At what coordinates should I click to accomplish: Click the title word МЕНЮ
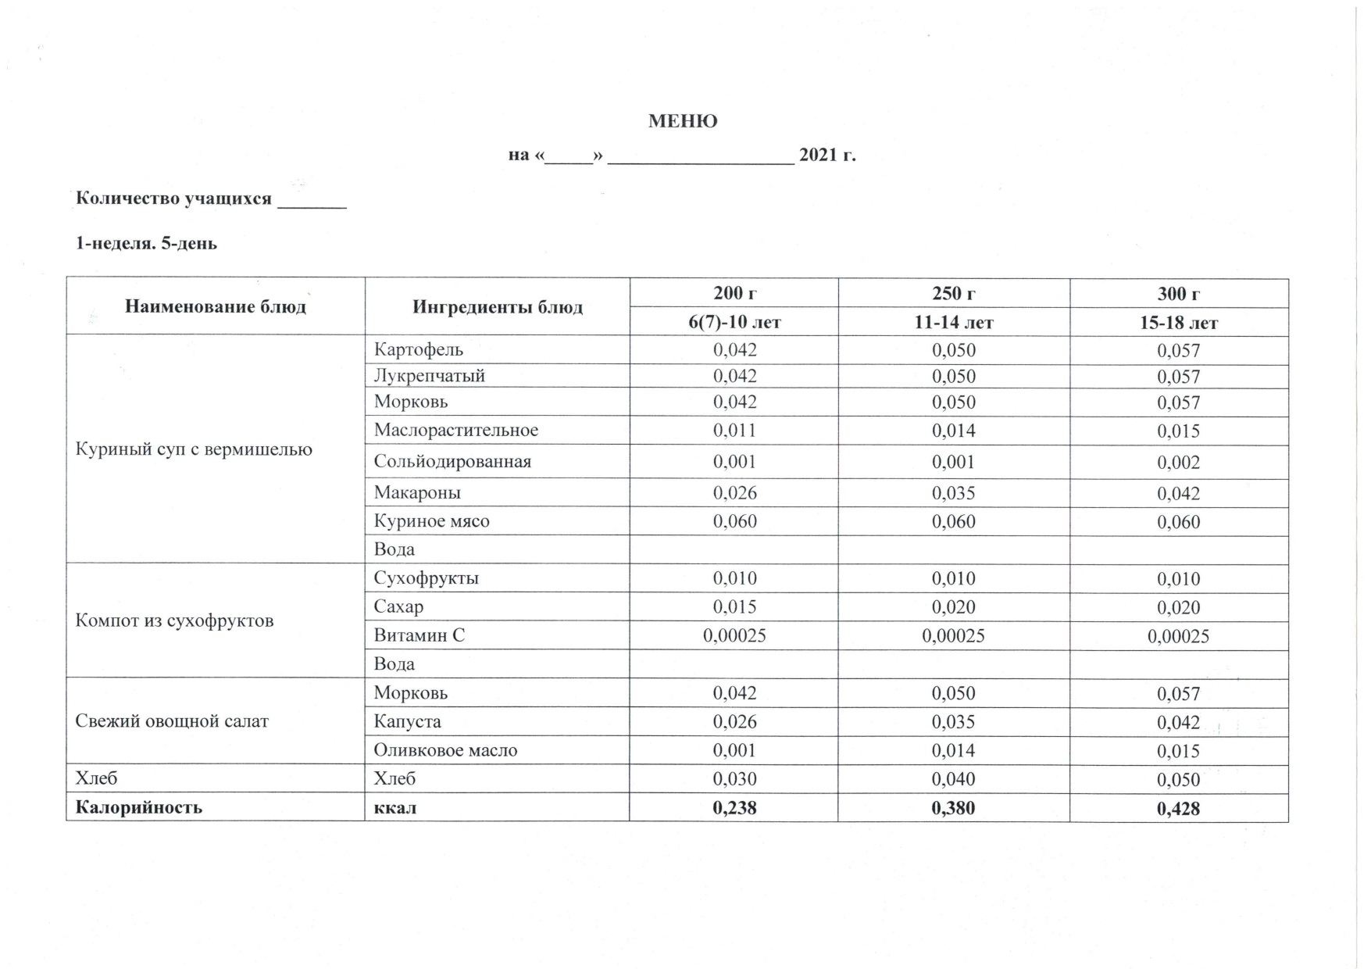pos(682,122)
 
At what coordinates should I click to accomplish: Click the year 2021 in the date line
pos(818,155)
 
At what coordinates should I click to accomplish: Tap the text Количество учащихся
pos(173,198)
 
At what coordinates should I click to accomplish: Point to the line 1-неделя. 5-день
pos(146,244)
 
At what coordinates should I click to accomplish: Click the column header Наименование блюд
pos(215,306)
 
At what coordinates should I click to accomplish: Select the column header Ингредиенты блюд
pos(497,307)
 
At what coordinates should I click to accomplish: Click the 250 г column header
pos(953,294)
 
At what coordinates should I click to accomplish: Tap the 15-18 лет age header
pos(1178,323)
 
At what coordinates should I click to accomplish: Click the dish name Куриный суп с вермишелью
pos(193,449)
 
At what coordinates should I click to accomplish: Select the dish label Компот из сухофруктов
pos(174,621)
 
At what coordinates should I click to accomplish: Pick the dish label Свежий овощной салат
pos(171,721)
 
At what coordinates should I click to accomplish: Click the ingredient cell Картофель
pos(418,350)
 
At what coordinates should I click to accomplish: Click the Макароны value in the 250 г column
pos(953,493)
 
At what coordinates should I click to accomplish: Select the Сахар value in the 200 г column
pos(734,607)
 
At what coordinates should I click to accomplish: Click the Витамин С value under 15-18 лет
pos(1178,636)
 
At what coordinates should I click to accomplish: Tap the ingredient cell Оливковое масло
pos(445,750)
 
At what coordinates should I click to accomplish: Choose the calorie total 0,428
pos(1178,809)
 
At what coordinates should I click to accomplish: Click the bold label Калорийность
pos(138,807)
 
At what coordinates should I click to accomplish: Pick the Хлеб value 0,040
pos(953,779)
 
